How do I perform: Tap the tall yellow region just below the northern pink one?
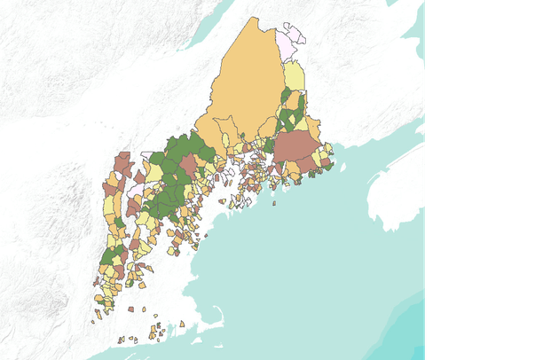click(x=295, y=76)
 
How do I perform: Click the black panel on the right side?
click(x=484, y=177)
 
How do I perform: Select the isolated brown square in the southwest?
click(x=130, y=309)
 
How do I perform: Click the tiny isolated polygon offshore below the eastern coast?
click(x=274, y=203)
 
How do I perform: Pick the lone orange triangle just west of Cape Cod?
click(x=183, y=325)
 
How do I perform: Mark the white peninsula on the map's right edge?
click(x=395, y=191)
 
